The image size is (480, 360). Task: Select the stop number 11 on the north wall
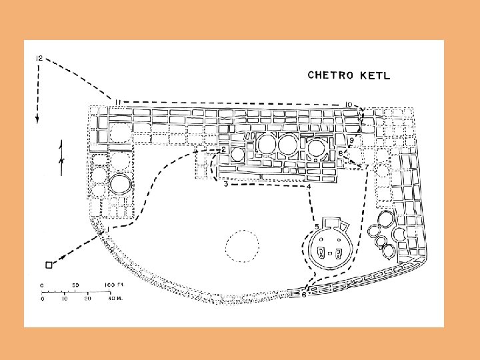click(117, 102)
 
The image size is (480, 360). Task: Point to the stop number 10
click(349, 105)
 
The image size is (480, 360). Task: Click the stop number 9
click(351, 141)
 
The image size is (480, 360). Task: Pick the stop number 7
click(366, 167)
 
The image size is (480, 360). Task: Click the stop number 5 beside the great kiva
click(317, 227)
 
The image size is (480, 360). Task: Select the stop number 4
click(309, 187)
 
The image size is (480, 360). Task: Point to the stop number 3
click(227, 184)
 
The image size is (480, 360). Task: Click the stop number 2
click(224, 150)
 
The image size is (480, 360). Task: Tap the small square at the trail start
click(49, 265)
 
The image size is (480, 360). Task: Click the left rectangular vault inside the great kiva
click(323, 253)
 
